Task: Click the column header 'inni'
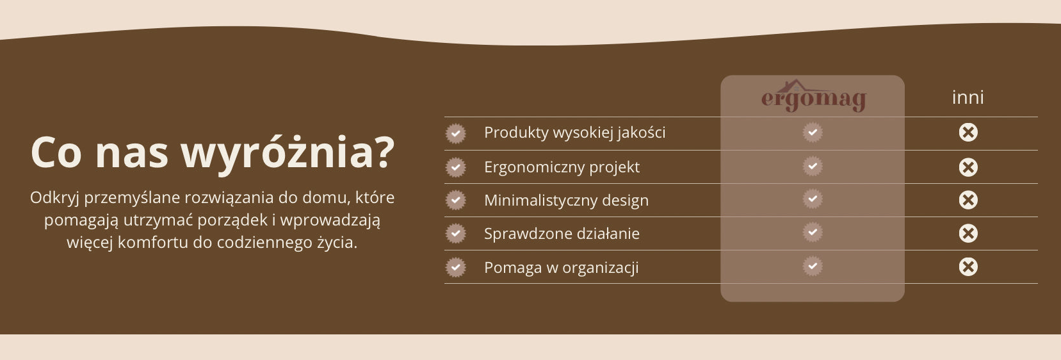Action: [968, 97]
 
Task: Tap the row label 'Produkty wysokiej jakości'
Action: [574, 133]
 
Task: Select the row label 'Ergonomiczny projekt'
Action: [562, 167]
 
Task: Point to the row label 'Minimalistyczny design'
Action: [566, 200]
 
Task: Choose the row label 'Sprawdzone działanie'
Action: [562, 234]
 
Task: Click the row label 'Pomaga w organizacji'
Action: [562, 268]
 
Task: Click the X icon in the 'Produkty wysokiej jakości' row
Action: [968, 132]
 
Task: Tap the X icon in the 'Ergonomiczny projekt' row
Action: [968, 167]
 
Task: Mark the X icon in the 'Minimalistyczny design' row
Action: [968, 200]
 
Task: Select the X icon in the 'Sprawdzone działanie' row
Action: [968, 233]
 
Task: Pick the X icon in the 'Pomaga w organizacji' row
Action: [968, 266]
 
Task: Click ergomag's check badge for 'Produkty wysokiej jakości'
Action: [813, 132]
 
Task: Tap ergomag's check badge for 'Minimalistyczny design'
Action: [813, 199]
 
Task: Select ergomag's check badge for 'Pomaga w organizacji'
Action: [813, 266]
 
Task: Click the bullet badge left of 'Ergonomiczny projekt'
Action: [456, 167]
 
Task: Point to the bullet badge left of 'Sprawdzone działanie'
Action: [456, 234]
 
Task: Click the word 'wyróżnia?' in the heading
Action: [288, 154]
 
